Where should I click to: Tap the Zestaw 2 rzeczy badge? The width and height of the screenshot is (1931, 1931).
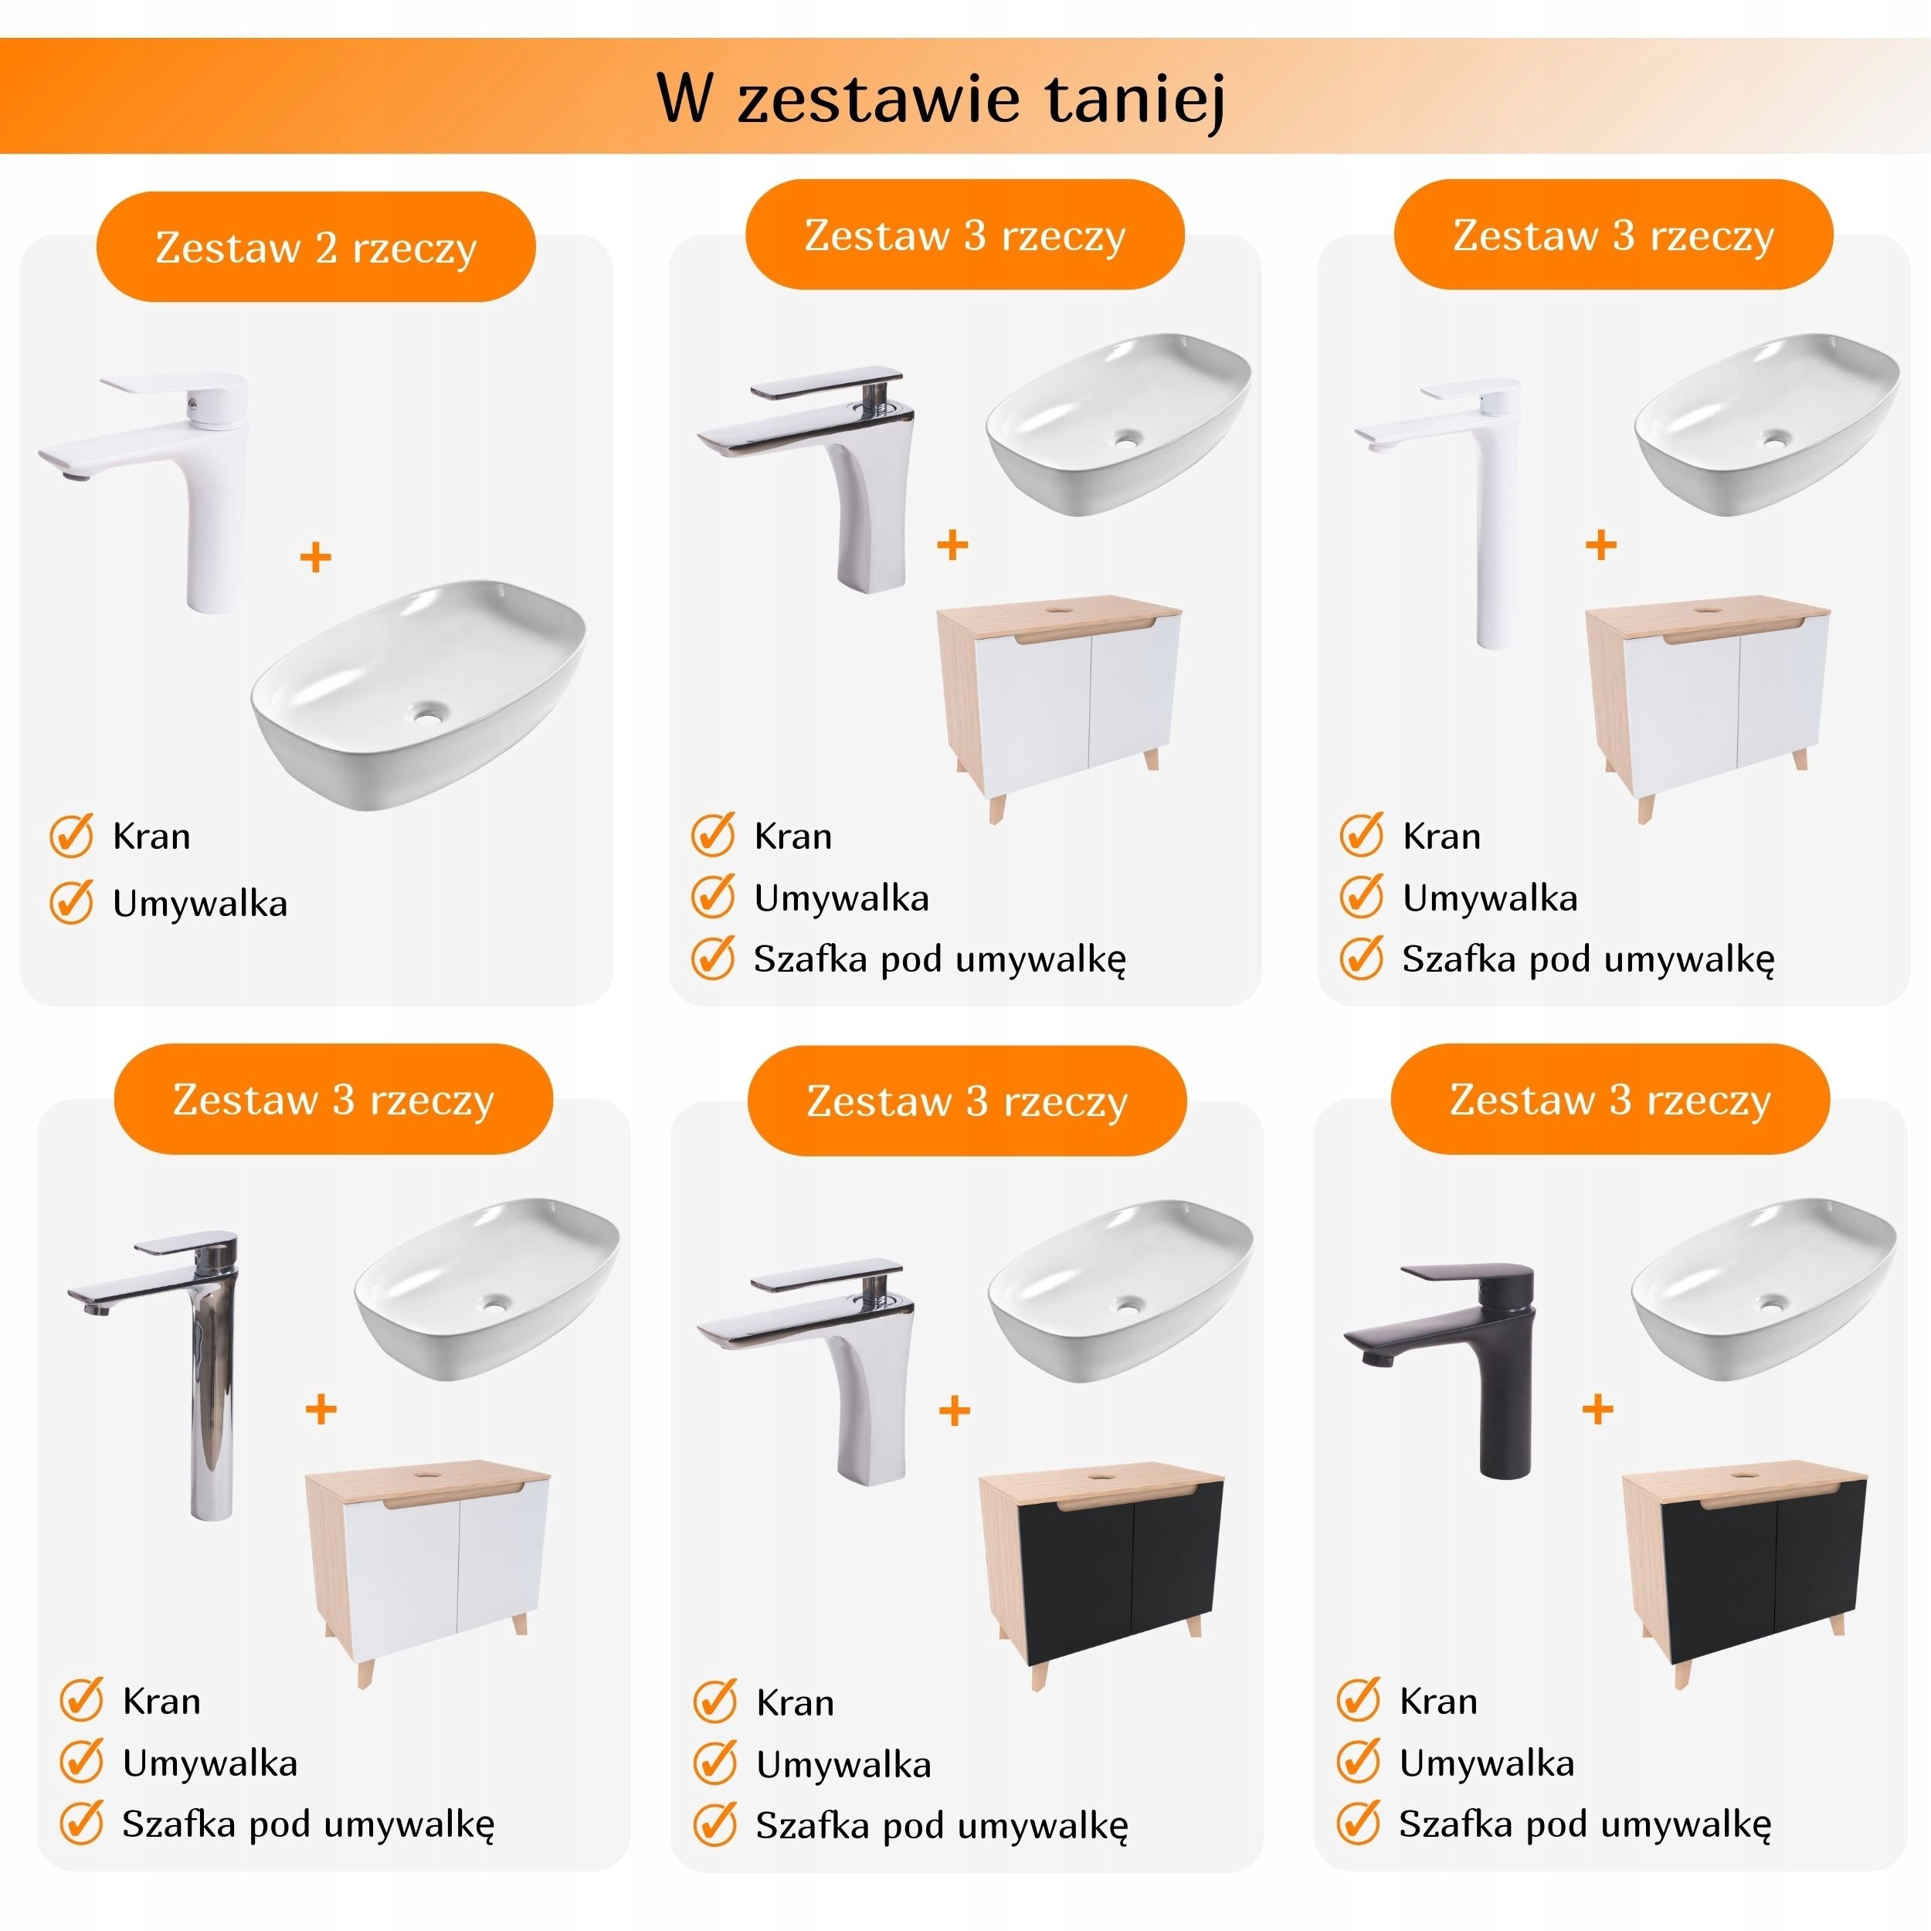pos(316,247)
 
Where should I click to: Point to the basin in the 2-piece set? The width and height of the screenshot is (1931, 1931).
pos(418,694)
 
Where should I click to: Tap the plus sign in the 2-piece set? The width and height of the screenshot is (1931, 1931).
pos(316,557)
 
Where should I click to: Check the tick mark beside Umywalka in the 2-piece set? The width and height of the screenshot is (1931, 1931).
pos(72,901)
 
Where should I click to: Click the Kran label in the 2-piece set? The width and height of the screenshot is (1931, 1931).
pos(151,836)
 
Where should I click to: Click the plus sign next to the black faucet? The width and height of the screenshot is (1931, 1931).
pos(1598,1410)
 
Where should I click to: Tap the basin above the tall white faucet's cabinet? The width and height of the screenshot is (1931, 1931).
pos(1767,425)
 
